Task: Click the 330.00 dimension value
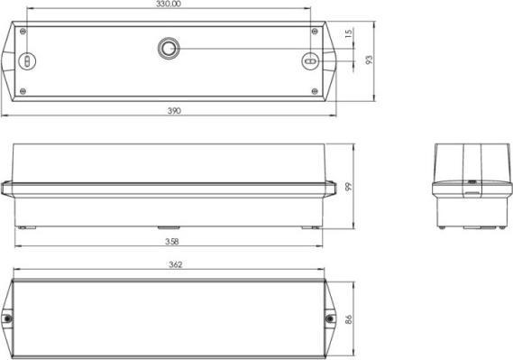168,5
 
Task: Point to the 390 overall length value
174,110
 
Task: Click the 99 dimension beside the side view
346,187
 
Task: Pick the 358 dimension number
169,242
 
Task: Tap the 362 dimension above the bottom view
175,264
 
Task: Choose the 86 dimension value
348,319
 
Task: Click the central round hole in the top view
169,47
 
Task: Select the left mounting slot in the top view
27,61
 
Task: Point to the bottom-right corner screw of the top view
313,89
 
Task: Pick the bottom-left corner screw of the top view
24,89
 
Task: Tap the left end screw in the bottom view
7,318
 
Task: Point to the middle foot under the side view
169,227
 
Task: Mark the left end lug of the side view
6,187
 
